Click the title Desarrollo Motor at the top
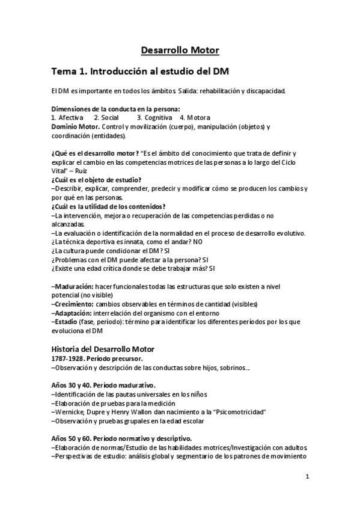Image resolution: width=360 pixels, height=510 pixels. tap(180, 50)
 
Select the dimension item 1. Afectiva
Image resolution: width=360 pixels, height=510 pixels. tap(67, 117)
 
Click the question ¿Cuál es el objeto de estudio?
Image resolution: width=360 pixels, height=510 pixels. tap(96, 180)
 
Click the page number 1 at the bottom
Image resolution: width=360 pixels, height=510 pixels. tap(307, 478)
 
